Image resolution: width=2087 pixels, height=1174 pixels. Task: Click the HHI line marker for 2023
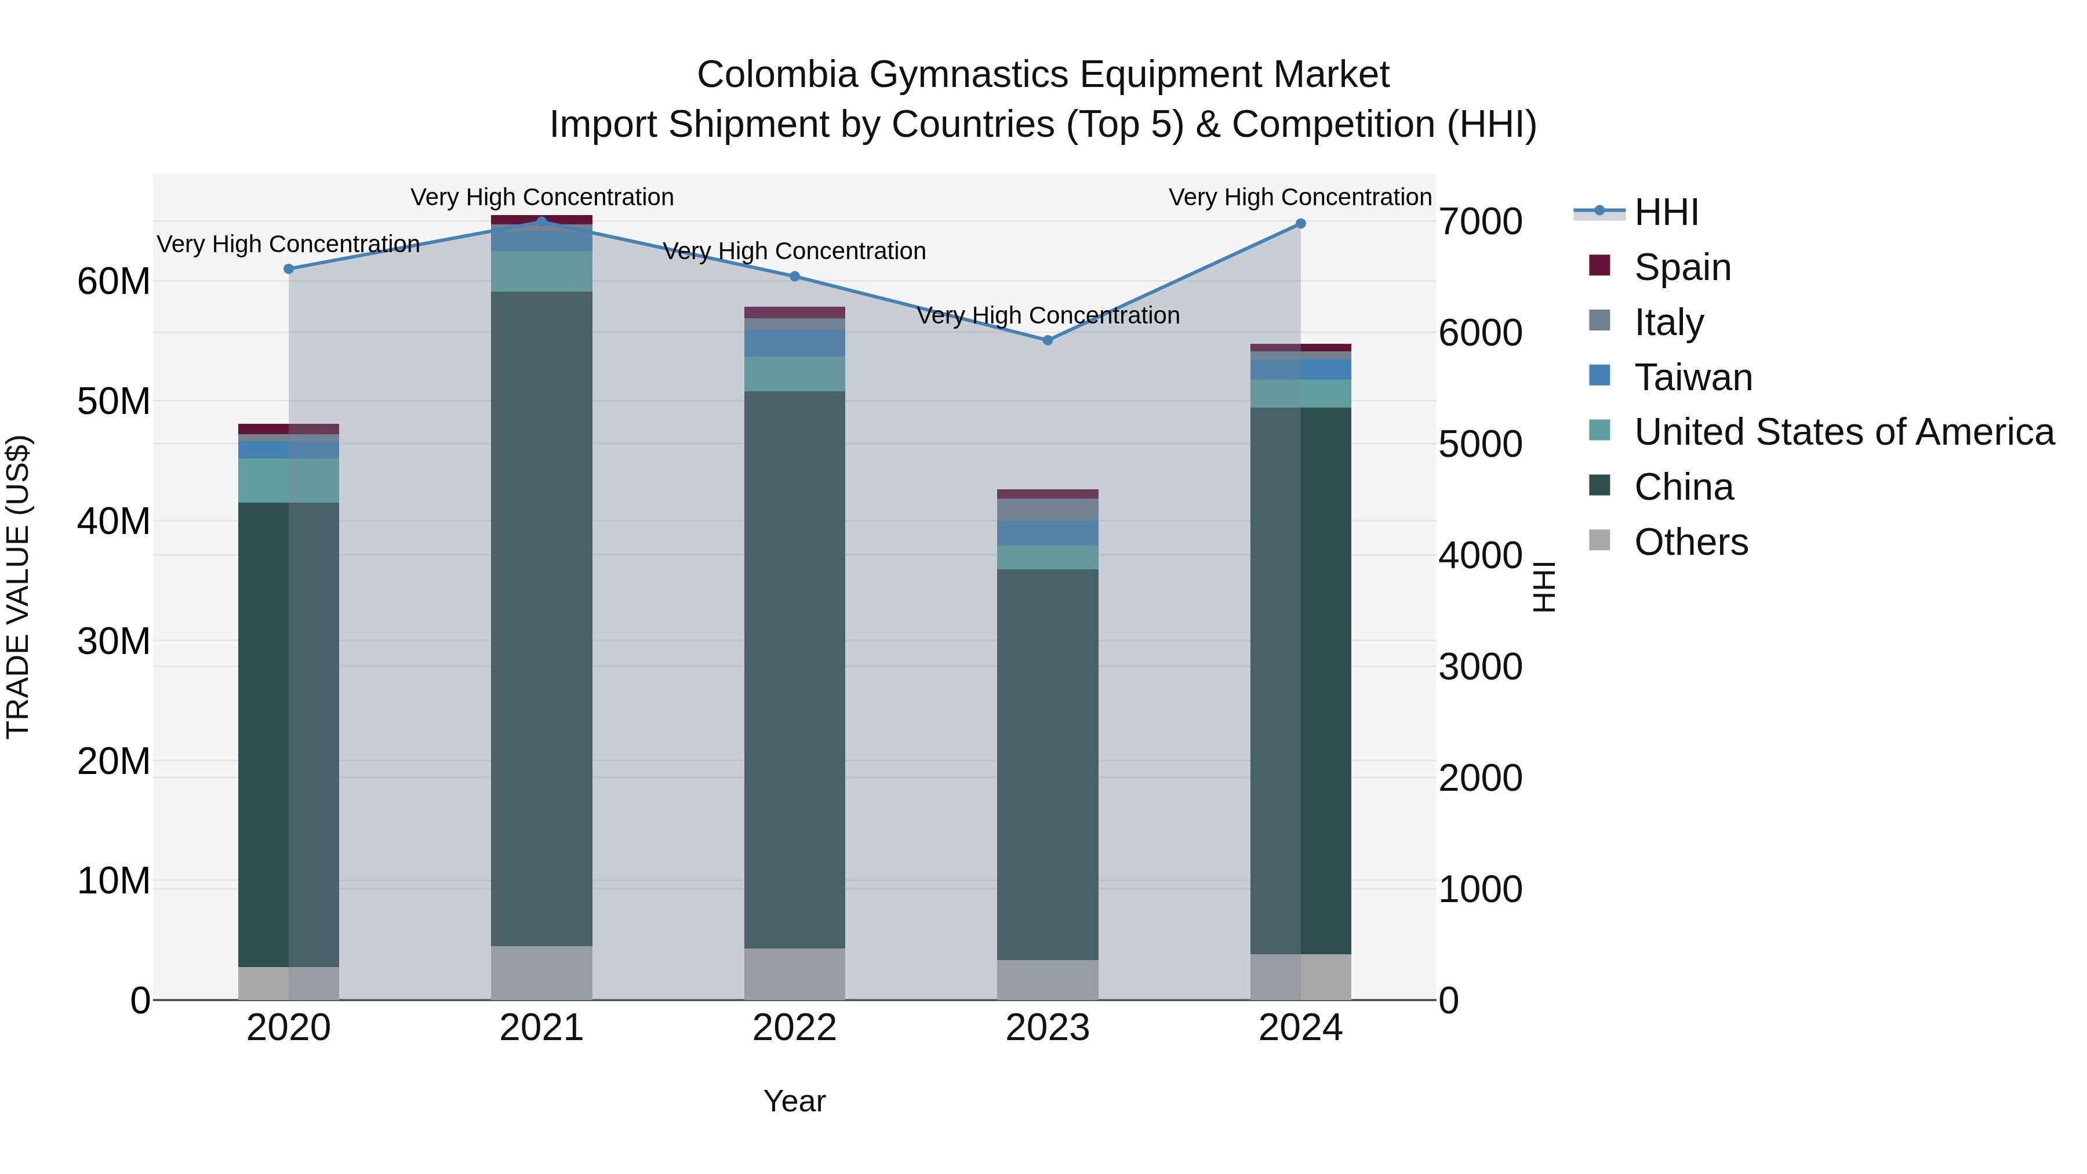click(x=1047, y=340)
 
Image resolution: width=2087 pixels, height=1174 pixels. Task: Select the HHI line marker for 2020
click(x=289, y=269)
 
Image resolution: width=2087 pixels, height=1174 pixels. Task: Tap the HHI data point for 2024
click(x=1300, y=224)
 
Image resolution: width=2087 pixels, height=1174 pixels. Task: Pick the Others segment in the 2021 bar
click(x=541, y=972)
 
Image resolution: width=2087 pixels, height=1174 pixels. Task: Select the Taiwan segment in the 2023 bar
click(x=1047, y=533)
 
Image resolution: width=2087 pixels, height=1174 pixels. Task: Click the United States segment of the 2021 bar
click(x=541, y=271)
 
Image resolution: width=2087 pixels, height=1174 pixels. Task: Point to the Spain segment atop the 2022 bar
click(x=794, y=312)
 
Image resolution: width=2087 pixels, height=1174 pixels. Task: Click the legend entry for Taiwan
click(x=1692, y=377)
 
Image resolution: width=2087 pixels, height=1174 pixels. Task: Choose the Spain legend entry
click(x=1682, y=267)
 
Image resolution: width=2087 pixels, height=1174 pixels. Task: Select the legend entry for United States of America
click(x=1843, y=432)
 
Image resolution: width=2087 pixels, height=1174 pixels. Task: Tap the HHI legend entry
click(x=1666, y=212)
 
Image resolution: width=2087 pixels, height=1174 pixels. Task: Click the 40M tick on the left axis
click(x=114, y=521)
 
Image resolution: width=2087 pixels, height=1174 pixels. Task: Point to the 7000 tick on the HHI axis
click(x=1480, y=222)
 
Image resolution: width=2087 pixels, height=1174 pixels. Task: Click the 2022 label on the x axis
click(x=794, y=1028)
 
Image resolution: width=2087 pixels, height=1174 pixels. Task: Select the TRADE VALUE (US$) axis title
click(x=18, y=587)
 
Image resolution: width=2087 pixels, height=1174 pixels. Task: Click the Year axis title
click(x=794, y=1101)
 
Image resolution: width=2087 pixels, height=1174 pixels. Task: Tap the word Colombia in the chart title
click(x=777, y=75)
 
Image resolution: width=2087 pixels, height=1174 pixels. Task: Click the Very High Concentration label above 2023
click(x=1047, y=315)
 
